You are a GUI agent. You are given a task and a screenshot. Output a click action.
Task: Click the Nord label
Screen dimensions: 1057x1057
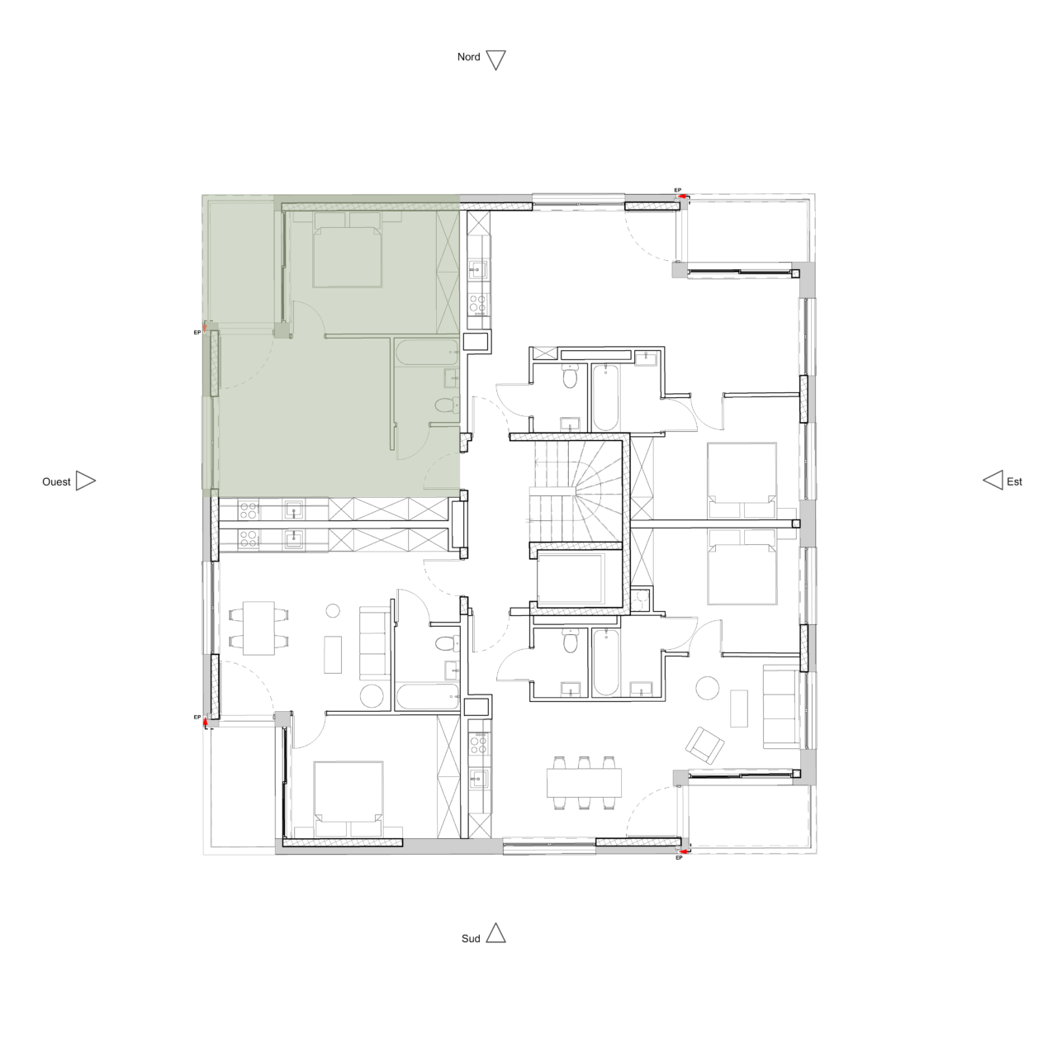pos(468,58)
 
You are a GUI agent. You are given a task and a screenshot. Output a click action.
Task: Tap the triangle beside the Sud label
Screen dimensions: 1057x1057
pos(495,934)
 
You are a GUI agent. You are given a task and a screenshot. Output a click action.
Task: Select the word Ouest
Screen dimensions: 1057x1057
pos(56,481)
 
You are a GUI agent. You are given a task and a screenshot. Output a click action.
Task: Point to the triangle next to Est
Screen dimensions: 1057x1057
pos(993,481)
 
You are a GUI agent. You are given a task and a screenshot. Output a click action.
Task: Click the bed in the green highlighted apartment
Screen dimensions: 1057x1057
pos(347,251)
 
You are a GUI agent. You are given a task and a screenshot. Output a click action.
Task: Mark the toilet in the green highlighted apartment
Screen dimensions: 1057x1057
pos(445,405)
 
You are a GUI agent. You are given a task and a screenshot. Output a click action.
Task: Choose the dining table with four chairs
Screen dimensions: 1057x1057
pos(258,628)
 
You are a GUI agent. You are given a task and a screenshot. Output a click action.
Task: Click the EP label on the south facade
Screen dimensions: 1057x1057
pos(679,859)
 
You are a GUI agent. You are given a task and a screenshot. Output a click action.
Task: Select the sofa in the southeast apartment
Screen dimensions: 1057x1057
pos(780,707)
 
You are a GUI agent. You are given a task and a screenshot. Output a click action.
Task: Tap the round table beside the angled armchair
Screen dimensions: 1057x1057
pos(708,687)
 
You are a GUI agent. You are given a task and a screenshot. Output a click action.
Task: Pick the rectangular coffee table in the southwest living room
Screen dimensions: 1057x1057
pos(334,654)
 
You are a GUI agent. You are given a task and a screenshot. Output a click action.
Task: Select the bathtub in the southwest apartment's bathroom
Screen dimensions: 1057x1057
pos(426,697)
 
